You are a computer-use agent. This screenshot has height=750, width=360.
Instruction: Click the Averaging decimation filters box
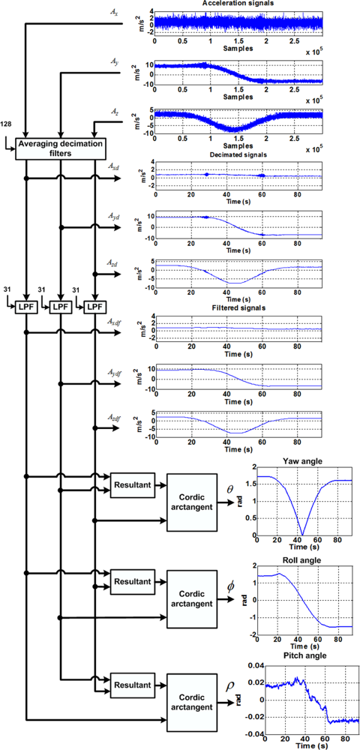pyautogui.click(x=59, y=146)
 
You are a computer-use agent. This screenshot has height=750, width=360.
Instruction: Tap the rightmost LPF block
pyautogui.click(x=94, y=307)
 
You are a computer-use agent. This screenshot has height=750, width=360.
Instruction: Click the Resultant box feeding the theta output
pyautogui.click(x=132, y=486)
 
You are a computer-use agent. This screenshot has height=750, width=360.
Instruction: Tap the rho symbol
pyautogui.click(x=231, y=684)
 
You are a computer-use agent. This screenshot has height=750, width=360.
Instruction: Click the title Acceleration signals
pyautogui.click(x=236, y=4)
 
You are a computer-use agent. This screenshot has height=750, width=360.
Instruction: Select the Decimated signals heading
pyautogui.click(x=236, y=155)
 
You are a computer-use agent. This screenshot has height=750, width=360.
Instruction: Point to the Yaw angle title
pyautogui.click(x=300, y=463)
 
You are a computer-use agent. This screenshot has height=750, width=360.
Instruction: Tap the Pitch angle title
pyautogui.click(x=300, y=655)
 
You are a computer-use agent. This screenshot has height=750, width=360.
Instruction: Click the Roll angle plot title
pyautogui.click(x=300, y=558)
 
